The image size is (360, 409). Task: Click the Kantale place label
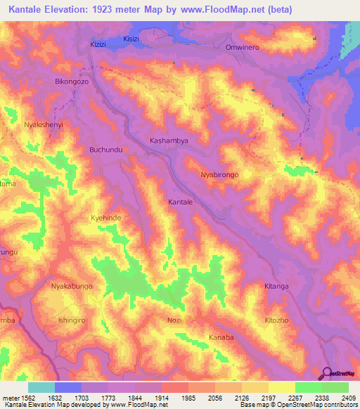pyautogui.click(x=181, y=202)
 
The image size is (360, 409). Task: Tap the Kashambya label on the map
pyautogui.click(x=169, y=141)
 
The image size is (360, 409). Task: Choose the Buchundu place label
pyautogui.click(x=106, y=150)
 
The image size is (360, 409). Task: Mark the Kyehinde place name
pyautogui.click(x=106, y=219)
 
